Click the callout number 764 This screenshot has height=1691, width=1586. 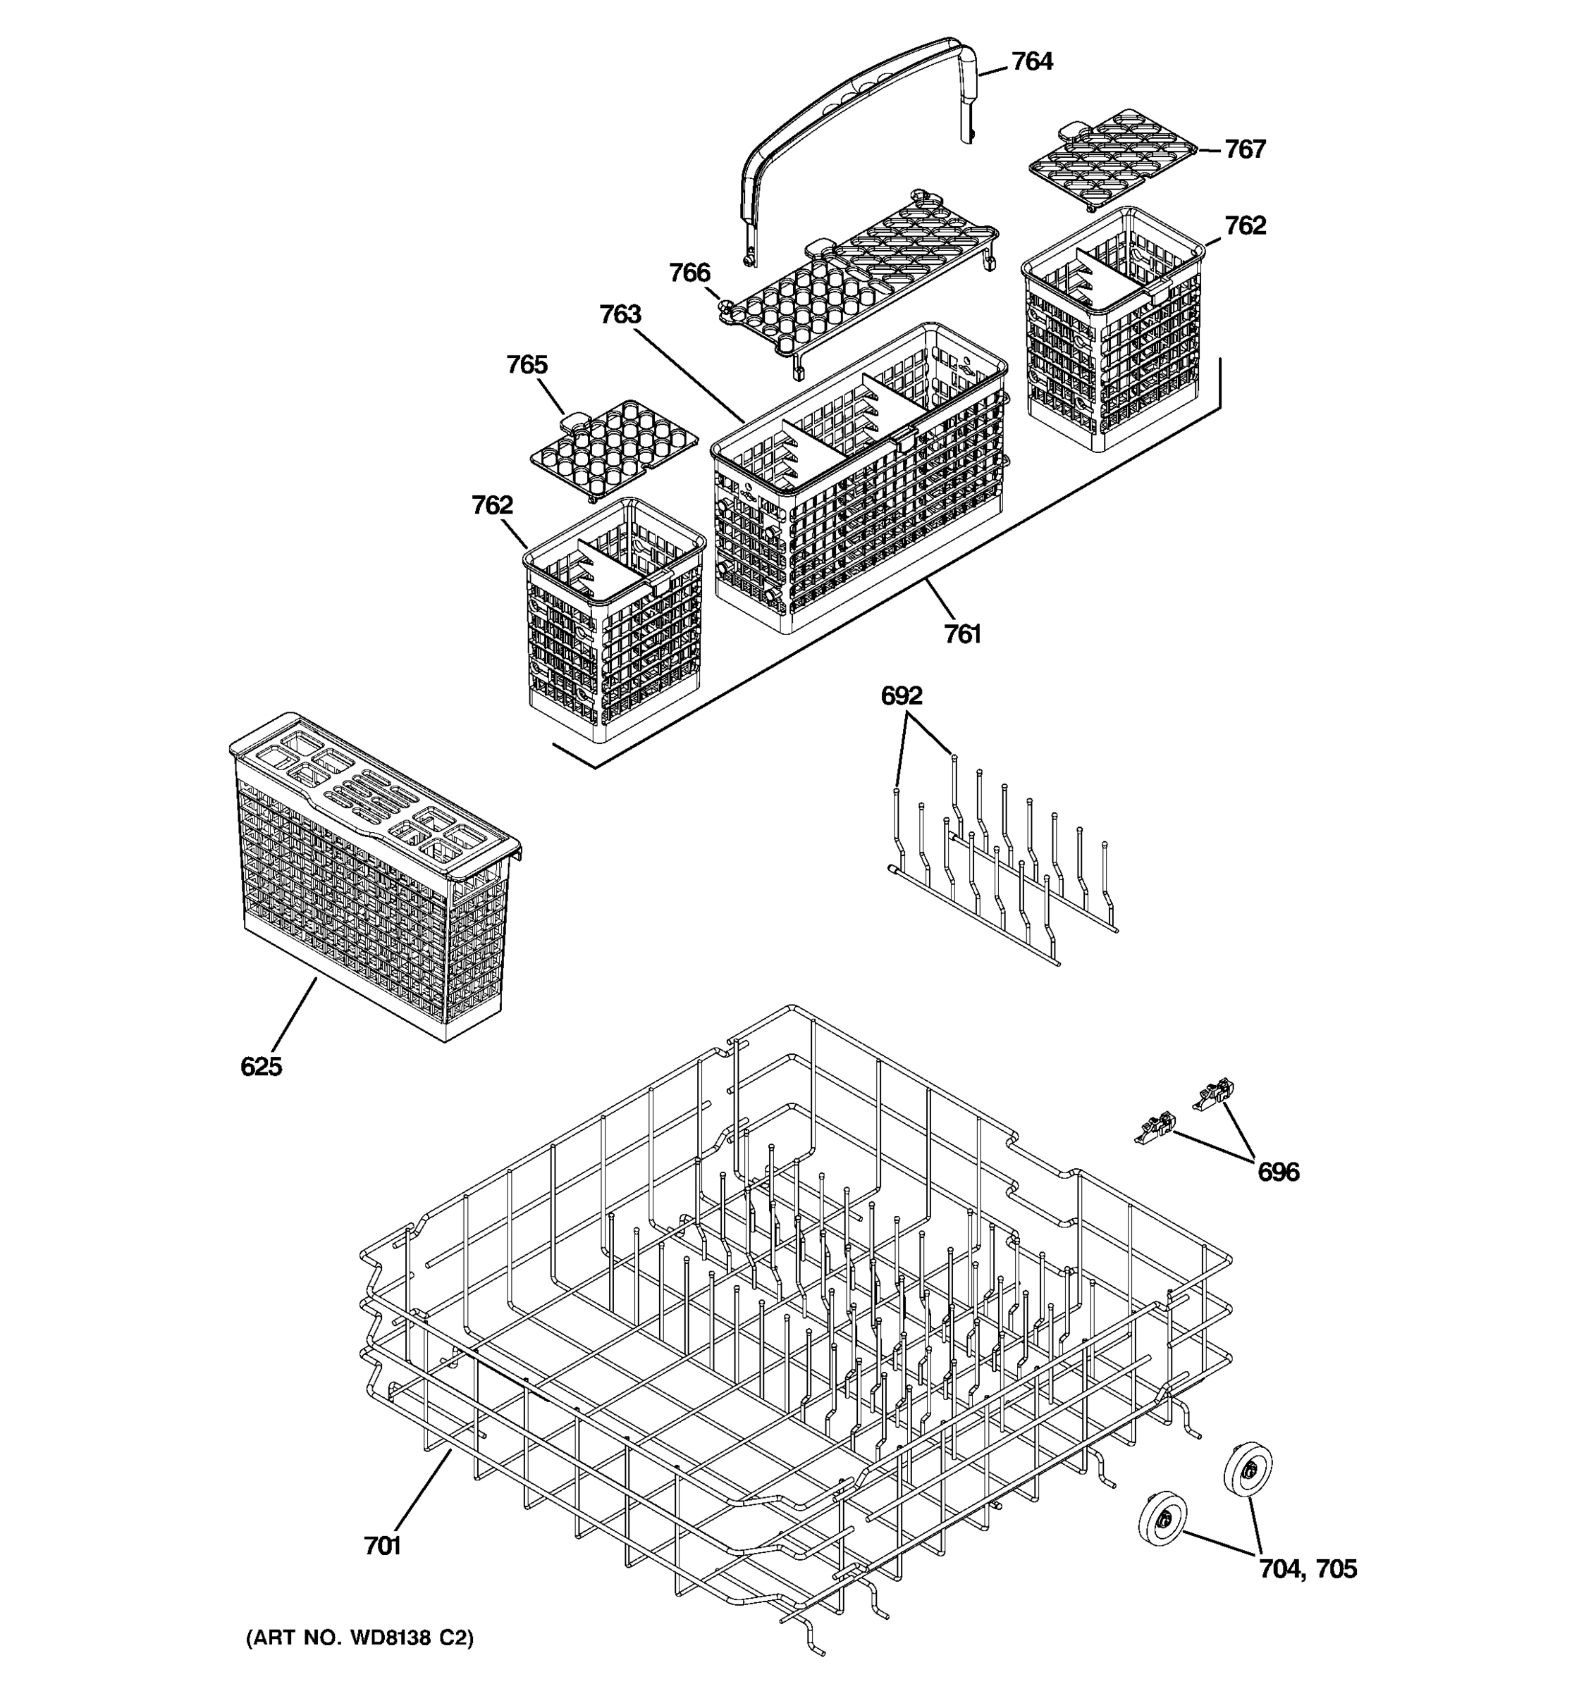(1031, 62)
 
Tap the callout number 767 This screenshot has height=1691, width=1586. (1245, 149)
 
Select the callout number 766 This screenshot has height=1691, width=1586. (689, 273)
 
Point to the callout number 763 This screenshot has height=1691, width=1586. (620, 315)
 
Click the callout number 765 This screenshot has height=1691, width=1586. (527, 365)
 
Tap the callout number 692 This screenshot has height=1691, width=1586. (901, 696)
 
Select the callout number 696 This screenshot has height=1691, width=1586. (1278, 1172)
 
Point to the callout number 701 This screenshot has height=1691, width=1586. (382, 1547)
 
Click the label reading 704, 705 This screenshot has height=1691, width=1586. (1308, 1568)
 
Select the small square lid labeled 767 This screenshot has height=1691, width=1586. (1110, 157)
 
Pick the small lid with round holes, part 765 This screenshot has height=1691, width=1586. (613, 447)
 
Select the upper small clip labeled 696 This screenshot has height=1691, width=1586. (1216, 1094)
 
